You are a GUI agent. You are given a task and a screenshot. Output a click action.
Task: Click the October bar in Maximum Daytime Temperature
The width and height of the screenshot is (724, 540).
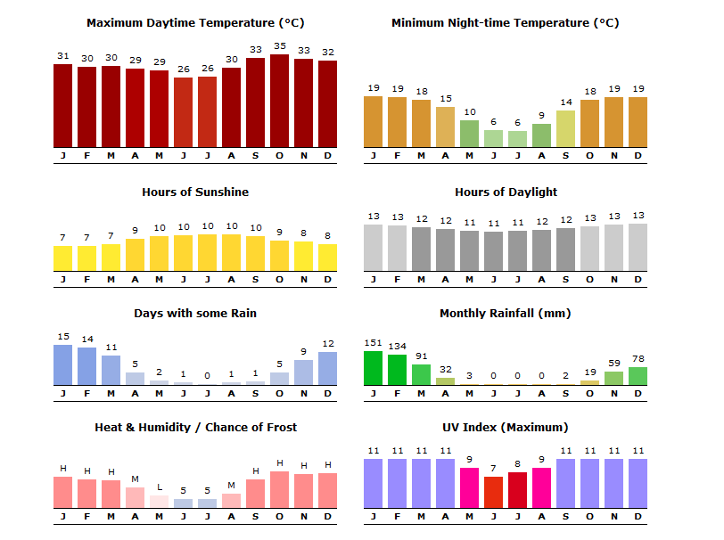click(x=279, y=101)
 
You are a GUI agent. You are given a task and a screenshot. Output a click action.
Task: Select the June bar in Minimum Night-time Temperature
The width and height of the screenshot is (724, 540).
click(x=493, y=138)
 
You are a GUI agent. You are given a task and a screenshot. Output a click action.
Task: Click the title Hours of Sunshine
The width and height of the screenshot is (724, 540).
click(x=195, y=192)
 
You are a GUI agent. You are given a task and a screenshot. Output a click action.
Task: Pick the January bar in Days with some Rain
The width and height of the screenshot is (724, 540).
click(x=62, y=365)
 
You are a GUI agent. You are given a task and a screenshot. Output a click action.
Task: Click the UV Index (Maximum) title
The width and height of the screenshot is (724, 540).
click(x=505, y=428)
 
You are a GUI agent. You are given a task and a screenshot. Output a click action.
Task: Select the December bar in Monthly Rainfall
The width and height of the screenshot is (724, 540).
click(x=638, y=376)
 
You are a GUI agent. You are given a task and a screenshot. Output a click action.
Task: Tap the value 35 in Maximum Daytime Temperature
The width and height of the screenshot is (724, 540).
click(x=279, y=46)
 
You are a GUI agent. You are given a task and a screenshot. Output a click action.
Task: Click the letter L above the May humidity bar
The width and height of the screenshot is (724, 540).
click(x=159, y=487)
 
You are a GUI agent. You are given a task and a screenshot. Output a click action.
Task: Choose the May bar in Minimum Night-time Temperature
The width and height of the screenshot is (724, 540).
click(x=469, y=134)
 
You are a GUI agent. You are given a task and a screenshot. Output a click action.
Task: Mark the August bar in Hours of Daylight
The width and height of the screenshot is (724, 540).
click(x=541, y=250)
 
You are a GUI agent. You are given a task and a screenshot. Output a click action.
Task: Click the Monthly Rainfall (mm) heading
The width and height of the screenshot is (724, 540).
click(x=505, y=314)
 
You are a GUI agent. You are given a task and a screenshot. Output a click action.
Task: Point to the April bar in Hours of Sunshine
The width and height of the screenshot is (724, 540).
click(x=135, y=254)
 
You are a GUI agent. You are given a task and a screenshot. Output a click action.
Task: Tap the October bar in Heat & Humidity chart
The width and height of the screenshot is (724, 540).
click(x=279, y=489)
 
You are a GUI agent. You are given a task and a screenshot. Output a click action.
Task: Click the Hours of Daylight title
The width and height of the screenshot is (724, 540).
click(x=506, y=192)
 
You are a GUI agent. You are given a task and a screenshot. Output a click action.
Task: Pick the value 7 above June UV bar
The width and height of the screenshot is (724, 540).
click(x=493, y=469)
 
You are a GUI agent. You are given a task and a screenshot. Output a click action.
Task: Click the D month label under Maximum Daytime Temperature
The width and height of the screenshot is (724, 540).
click(x=327, y=156)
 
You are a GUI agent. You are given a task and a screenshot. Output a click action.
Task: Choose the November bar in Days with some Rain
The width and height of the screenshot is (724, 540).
click(x=303, y=372)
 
